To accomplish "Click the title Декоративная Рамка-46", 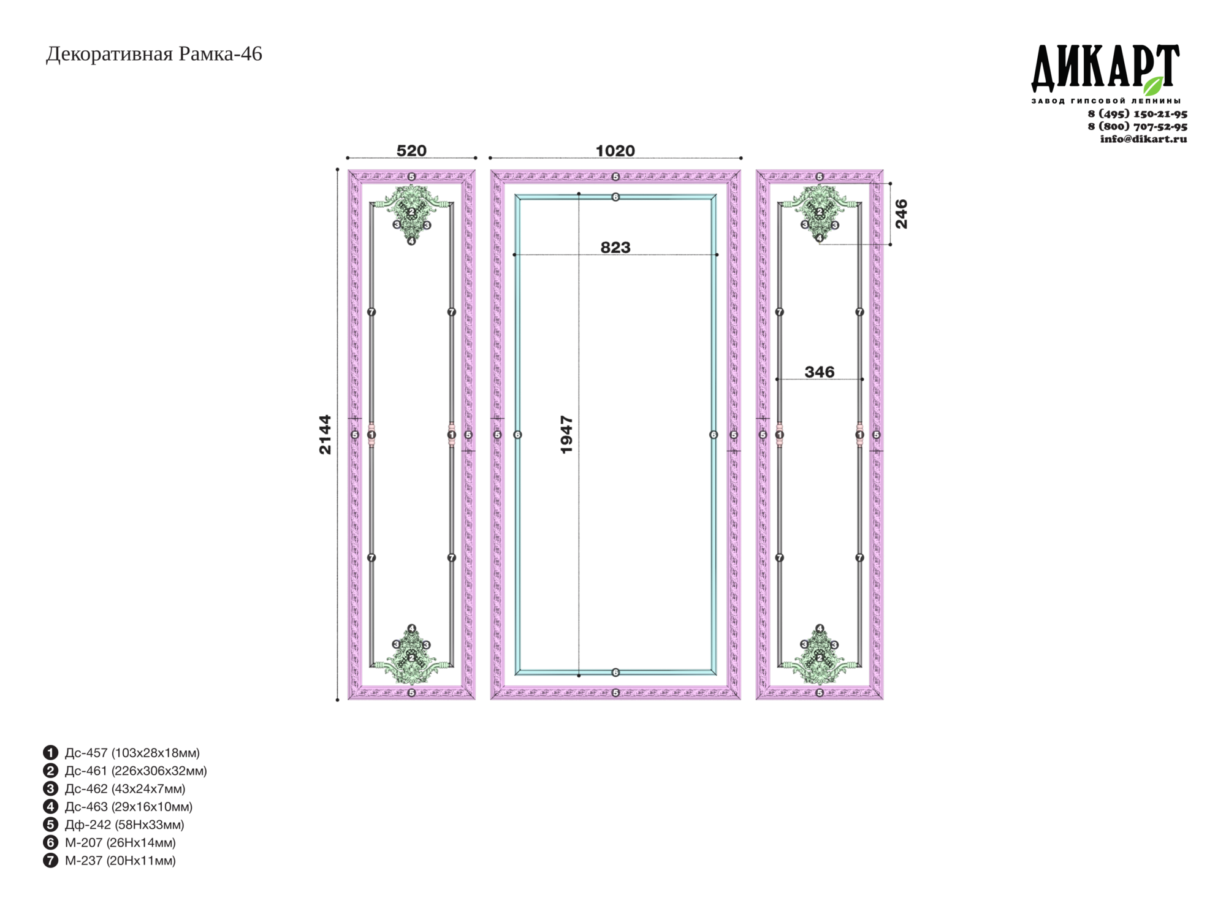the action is [x=154, y=54].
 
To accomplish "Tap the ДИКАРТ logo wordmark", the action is [x=1105, y=67].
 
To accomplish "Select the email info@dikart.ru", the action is [x=1143, y=139].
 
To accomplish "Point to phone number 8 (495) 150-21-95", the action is [x=1137, y=113].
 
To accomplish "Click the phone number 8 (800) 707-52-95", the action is [x=1137, y=126].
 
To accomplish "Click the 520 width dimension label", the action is [x=411, y=150].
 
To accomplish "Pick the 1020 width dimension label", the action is [x=615, y=150].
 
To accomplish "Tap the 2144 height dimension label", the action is [x=325, y=435].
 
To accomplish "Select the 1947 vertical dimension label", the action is [x=566, y=435].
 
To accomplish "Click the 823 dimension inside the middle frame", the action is [x=615, y=247].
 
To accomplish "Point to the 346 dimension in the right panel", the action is [x=820, y=372].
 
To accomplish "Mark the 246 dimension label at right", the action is [x=901, y=214].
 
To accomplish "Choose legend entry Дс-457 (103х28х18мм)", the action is [x=121, y=752].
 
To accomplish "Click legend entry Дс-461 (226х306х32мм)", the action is [x=125, y=771].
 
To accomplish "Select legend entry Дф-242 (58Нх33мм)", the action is [x=113, y=825].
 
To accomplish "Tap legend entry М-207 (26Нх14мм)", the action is [x=109, y=842].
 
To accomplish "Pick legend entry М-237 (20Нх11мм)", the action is [x=109, y=860].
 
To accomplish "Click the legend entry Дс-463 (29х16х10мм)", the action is [x=118, y=806].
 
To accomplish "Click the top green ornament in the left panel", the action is [x=411, y=212].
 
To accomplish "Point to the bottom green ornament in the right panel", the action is [x=820, y=656].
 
